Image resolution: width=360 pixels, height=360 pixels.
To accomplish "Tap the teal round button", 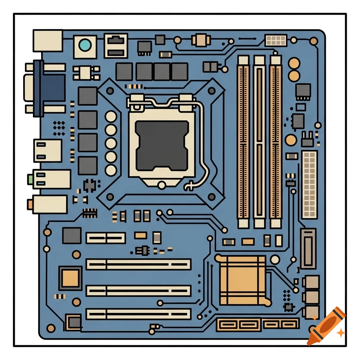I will coord(85,45).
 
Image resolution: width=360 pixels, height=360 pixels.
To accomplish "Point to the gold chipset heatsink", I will coord(243,280).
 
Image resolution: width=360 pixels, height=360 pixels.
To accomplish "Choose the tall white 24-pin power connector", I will coord(309,185).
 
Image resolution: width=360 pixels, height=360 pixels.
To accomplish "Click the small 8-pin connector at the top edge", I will coord(276,40).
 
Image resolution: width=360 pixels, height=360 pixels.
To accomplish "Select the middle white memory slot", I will coord(259,141).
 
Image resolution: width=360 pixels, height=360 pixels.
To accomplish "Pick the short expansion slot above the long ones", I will coord(106,238).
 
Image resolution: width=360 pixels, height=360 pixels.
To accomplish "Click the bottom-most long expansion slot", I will coord(139,314).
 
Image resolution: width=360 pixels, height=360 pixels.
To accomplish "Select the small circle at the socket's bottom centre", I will coord(162,185).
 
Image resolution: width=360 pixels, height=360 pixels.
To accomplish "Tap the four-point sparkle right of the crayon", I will coord(340,332).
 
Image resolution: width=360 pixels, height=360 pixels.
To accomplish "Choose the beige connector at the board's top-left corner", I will coord(47,40).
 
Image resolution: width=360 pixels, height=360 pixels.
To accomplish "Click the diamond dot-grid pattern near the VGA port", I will coord(59,127).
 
